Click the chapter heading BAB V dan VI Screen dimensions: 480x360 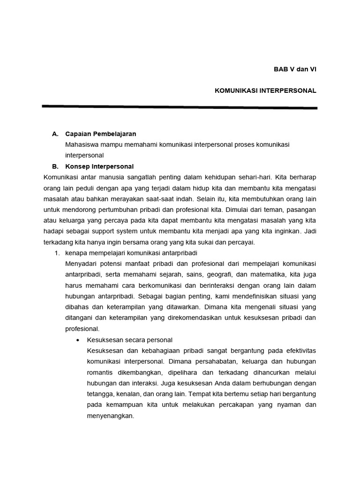click(x=295, y=69)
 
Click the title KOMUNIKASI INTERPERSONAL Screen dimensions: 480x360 click(x=265, y=90)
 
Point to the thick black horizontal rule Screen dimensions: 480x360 click(x=180, y=107)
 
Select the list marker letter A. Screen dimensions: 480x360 click(x=55, y=134)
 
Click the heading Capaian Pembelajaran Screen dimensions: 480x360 click(x=101, y=134)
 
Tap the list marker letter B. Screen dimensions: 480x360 click(x=55, y=166)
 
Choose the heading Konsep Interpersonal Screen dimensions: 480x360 click(x=99, y=166)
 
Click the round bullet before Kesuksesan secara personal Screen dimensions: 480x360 click(x=77, y=340)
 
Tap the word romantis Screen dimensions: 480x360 click(x=101, y=372)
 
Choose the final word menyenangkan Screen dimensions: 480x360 click(x=110, y=415)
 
